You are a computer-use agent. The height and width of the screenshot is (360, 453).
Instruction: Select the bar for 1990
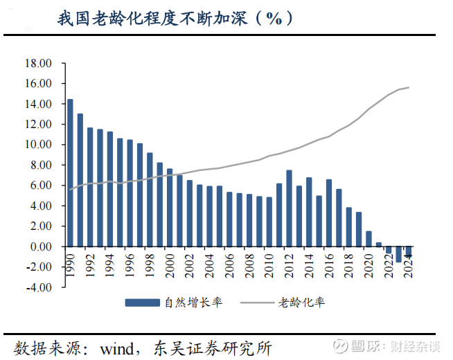(70, 173)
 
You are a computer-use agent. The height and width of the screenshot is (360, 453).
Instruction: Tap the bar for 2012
(289, 208)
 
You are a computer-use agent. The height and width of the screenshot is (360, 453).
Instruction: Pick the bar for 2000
(170, 207)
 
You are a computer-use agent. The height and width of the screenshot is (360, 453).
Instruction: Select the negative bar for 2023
(399, 254)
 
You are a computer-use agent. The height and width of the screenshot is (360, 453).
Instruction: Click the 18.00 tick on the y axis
(39, 63)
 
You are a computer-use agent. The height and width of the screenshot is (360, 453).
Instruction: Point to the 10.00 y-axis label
(39, 145)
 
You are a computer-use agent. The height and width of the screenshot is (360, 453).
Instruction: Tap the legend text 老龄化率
(302, 303)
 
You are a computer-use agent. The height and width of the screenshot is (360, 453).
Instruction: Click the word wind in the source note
(119, 346)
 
